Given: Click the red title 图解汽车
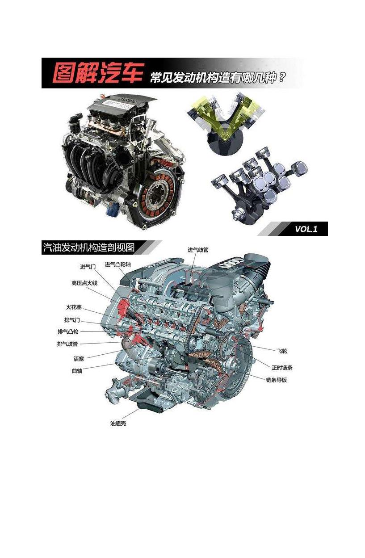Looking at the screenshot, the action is tap(98, 72).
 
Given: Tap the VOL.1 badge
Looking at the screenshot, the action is tap(306, 229).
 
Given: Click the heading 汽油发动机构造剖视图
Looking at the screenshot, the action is tap(89, 248).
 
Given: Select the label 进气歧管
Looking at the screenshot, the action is tap(198, 250).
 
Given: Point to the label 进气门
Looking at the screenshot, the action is tap(88, 267).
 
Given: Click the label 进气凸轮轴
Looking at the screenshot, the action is tap(117, 264).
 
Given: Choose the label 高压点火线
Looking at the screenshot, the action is tap(84, 283).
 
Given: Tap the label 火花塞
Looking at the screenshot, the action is tap(74, 307).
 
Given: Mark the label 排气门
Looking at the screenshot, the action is tap(72, 320).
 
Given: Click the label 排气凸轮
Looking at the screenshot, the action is tap(68, 331).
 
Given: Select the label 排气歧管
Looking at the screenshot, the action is tap(67, 344).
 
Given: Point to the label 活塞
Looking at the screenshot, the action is tap(79, 359).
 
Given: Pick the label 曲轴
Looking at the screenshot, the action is tap(77, 371).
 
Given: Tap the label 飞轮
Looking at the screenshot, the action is tap(282, 351).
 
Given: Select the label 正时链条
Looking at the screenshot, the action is tap(282, 367).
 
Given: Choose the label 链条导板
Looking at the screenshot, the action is tap(276, 380).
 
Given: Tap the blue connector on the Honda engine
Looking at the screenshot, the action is tap(113, 209).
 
